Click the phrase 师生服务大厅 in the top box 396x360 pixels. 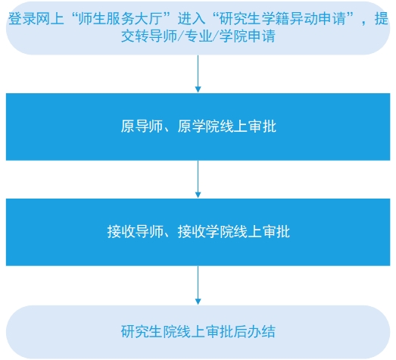120,19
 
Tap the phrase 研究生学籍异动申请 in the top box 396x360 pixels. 282,19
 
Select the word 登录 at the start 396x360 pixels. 22,19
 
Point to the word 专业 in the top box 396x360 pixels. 198,36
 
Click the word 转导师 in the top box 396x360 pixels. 156,36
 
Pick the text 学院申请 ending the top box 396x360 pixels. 248,36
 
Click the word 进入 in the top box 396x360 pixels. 192,19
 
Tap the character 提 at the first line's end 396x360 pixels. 382,19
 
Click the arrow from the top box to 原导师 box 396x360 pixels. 198,74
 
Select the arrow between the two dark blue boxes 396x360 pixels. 198,179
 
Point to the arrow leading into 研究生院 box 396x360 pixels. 198,285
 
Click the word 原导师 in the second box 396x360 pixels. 142,126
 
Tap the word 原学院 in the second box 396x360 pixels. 198,126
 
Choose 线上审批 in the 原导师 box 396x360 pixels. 248,126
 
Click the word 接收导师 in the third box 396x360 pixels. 135,231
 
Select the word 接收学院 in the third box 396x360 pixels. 206,231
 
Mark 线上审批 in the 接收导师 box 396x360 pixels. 262,231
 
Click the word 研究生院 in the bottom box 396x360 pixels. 148,331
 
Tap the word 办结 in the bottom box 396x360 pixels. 262,331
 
